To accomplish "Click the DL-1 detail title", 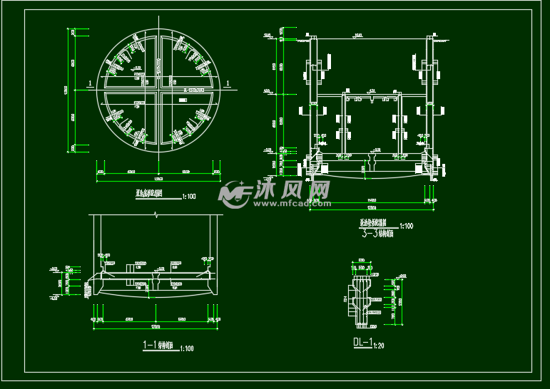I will (362, 343).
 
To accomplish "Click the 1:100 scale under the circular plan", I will (190, 194).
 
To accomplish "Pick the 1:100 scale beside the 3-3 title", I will (407, 226).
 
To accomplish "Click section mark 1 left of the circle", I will (88, 84).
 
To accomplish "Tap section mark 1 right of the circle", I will (228, 84).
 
